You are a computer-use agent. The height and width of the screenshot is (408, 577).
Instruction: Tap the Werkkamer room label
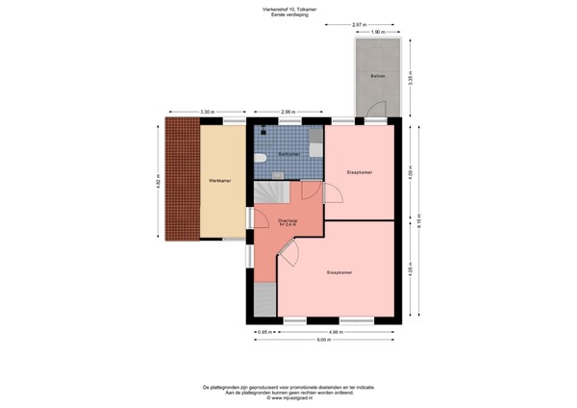tap(218, 180)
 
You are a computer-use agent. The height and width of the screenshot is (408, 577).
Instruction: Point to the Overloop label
tap(288, 222)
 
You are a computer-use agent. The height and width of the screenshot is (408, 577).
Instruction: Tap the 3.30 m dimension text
tap(207, 113)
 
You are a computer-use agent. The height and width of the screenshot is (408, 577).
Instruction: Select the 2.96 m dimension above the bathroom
tap(287, 113)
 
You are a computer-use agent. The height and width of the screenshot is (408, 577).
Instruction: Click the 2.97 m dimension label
tap(358, 24)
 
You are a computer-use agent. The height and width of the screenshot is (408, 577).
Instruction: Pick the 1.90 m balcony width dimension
tap(379, 32)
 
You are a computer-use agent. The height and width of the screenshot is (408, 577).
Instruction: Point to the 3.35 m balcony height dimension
tap(411, 78)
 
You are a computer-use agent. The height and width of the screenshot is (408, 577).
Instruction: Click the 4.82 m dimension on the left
tap(158, 180)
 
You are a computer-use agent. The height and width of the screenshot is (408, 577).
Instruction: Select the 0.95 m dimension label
tap(262, 332)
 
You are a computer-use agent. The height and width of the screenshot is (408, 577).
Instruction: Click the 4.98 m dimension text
tap(336, 332)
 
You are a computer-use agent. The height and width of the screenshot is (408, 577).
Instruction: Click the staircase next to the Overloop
tap(266, 196)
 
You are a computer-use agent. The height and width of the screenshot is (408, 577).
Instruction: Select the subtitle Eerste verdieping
tap(288, 15)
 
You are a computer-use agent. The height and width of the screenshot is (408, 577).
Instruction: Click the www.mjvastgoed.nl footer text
tap(288, 397)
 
